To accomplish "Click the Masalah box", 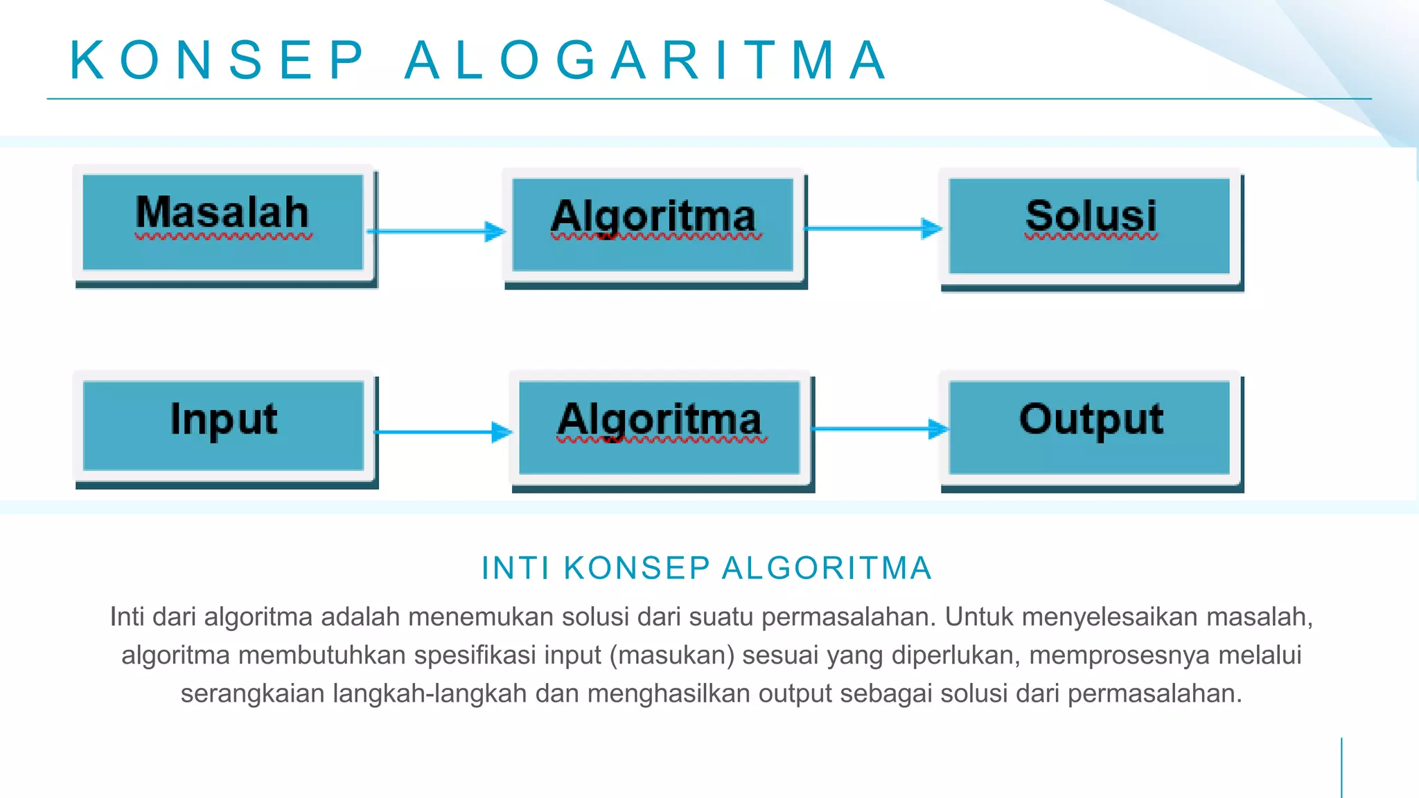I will pos(222,222).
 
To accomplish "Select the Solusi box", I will pos(1089,226).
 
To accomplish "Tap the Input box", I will pos(223,425).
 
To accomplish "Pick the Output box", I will pos(1089,427).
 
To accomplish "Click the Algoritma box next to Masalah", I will pos(653,224).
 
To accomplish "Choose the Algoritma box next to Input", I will pos(660,427).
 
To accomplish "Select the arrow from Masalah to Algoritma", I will pos(437,231).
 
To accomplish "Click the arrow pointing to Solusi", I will pos(873,228).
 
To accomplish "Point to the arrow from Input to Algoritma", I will pos(443,432).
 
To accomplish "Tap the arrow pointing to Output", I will pos(880,429).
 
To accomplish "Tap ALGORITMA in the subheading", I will pos(827,568).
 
